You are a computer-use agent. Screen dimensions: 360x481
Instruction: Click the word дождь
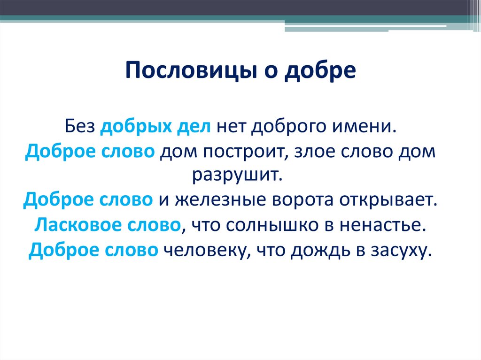[316, 250]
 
